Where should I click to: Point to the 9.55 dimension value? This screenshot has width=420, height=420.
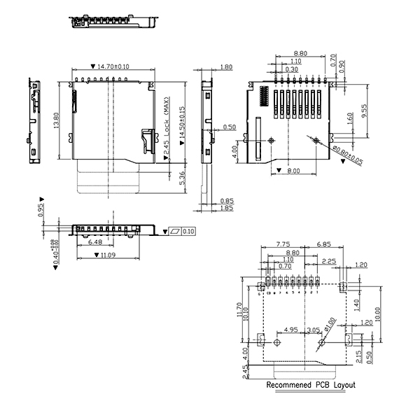[365, 111]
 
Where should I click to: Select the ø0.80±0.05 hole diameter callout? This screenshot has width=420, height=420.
[347, 155]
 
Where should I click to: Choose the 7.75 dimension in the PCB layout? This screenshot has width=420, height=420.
[283, 244]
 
